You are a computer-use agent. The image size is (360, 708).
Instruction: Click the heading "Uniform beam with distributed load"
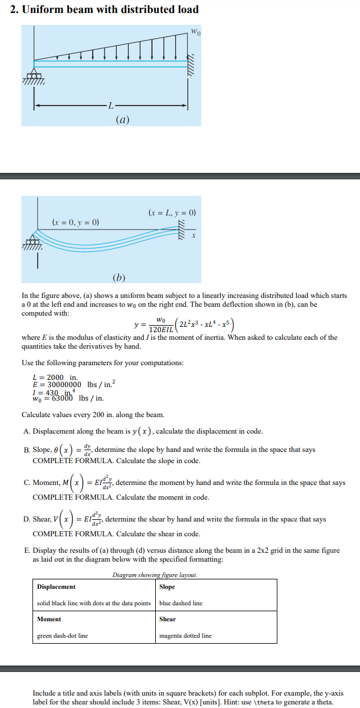pos(110,9)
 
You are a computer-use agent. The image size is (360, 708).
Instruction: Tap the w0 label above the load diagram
pos(195,31)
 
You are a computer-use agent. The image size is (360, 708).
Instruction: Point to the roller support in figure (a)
pos(35,76)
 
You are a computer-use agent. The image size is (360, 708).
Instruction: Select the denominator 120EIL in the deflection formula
pos(161,329)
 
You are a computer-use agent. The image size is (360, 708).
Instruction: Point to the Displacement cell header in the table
pos(56,586)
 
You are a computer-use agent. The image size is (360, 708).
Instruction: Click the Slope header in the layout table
pos(167,586)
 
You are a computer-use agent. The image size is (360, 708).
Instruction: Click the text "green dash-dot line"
pos(63,635)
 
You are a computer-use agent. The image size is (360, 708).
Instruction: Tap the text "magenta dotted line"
pos(185,635)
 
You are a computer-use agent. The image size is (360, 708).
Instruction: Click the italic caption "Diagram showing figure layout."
pos(155,575)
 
